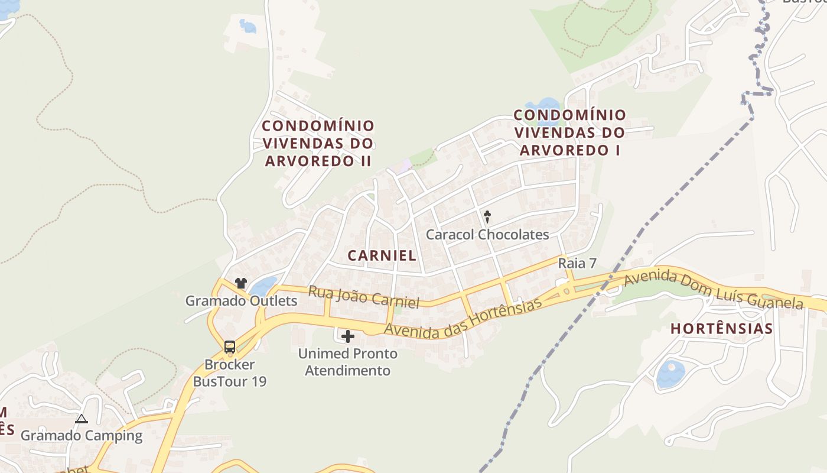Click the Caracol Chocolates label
(487, 235)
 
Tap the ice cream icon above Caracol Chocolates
(487, 216)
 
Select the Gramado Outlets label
(241, 301)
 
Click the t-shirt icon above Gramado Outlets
(240, 283)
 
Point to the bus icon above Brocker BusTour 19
(230, 347)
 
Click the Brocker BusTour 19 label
(230, 373)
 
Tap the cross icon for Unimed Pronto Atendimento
(348, 337)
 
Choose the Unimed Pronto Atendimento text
(347, 362)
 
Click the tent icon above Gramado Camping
(82, 419)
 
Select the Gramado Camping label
(82, 436)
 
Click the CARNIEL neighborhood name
(382, 255)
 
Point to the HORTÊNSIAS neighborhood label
(722, 329)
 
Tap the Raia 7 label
(577, 264)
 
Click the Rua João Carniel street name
(364, 297)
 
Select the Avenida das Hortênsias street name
(463, 320)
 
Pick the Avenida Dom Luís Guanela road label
(714, 290)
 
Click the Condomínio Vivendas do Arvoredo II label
(318, 143)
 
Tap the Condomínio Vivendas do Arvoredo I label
(569, 132)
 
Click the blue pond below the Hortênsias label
(670, 374)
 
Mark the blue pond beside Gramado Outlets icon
(263, 287)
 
